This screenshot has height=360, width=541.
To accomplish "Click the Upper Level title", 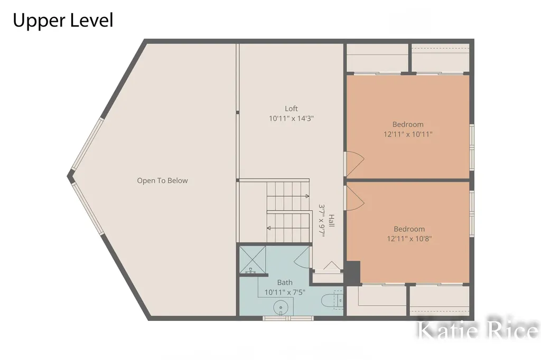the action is [63, 20].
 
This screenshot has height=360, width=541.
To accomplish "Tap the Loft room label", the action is [291, 109].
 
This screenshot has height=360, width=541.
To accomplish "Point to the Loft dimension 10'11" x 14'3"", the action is [291, 119].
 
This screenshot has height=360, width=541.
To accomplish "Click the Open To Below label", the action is [162, 181].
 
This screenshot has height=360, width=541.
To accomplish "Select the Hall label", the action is [331, 221].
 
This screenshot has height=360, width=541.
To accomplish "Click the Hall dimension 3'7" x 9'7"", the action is [322, 221].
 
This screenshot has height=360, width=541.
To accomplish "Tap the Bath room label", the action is [285, 282].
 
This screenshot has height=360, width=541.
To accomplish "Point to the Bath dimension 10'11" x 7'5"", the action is [285, 292].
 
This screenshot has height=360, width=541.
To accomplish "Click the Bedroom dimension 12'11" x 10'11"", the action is [408, 134].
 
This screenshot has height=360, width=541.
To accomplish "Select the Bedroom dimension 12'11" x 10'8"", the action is [409, 239].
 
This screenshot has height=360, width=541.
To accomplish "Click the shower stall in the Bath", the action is [253, 260].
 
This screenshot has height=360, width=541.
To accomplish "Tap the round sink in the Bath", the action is [281, 307].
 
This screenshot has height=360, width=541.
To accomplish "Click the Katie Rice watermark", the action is [478, 330].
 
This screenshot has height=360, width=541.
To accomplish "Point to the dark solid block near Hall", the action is [353, 273].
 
